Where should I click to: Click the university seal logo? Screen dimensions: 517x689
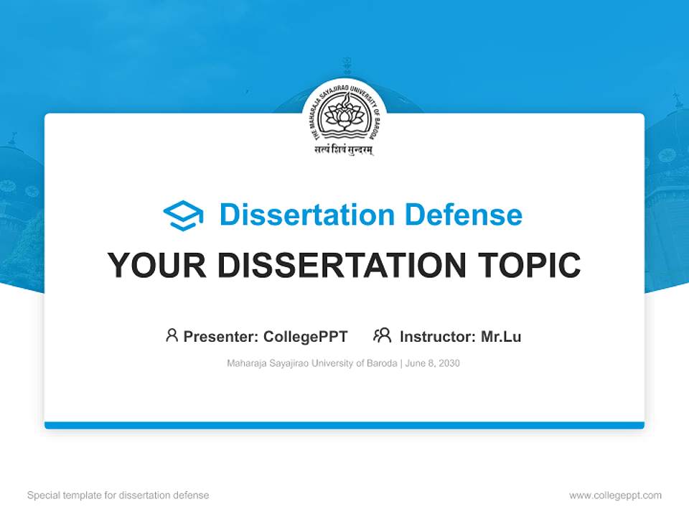click(x=344, y=114)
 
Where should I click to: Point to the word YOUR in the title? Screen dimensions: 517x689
click(x=157, y=266)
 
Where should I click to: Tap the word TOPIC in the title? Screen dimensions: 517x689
click(x=531, y=266)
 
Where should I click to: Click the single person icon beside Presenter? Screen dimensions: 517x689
click(x=172, y=335)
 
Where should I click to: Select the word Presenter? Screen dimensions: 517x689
click(x=220, y=336)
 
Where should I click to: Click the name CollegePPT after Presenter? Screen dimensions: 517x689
click(x=306, y=336)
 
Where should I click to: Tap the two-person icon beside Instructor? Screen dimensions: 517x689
click(x=382, y=335)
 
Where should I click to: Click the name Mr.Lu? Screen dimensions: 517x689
click(x=501, y=336)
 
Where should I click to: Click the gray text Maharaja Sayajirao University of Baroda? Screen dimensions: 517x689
click(x=311, y=363)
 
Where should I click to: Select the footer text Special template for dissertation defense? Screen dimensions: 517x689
click(x=118, y=495)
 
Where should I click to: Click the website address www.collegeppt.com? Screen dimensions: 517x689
click(x=615, y=495)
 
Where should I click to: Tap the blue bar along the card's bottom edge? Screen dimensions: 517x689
click(x=344, y=425)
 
